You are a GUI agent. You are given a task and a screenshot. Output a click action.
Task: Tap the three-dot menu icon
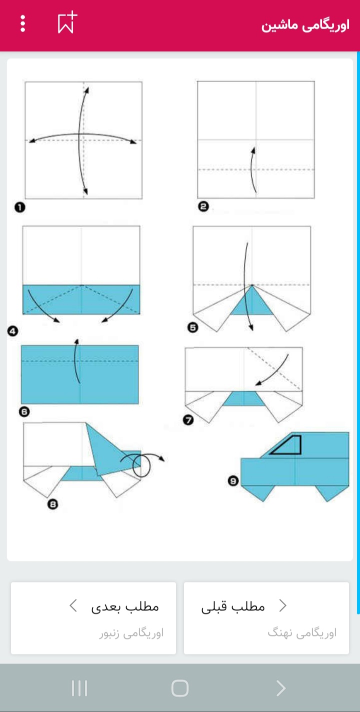click(22, 23)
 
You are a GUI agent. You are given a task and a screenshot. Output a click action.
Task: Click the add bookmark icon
click(67, 22)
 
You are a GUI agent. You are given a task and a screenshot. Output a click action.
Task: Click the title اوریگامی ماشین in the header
click(305, 25)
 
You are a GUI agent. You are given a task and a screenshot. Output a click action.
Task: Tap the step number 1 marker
click(19, 208)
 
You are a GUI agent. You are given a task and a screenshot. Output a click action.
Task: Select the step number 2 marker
click(203, 207)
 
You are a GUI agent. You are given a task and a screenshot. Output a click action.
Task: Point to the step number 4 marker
click(12, 331)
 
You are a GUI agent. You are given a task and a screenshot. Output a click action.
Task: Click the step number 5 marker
click(193, 327)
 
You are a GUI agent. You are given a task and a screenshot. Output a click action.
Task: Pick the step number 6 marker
click(24, 412)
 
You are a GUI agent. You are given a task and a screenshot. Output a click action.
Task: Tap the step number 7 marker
click(188, 420)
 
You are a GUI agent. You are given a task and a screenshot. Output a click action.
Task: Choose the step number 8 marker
click(52, 504)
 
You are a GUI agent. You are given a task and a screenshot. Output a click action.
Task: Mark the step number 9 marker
click(233, 481)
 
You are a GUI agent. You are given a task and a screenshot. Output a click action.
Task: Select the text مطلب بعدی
click(125, 607)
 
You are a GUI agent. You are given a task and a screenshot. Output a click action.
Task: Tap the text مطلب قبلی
click(233, 607)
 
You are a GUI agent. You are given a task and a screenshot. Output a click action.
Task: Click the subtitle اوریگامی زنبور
click(131, 633)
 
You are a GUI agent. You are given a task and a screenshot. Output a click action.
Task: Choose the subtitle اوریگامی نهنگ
click(302, 633)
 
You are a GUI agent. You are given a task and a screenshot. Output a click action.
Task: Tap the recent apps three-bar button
click(79, 688)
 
